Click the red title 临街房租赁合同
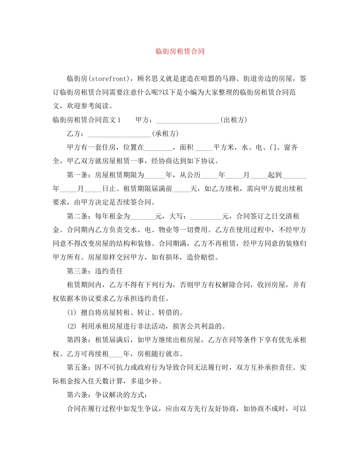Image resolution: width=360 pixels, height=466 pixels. point(180,52)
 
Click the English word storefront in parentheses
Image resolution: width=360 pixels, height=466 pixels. point(110,79)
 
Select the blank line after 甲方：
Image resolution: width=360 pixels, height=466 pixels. point(188,120)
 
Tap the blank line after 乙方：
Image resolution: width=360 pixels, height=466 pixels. point(119,134)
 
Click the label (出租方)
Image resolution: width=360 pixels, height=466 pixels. point(233,120)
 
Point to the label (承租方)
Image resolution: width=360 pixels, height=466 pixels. point(165,134)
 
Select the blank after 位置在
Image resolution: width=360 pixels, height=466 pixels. point(158,147)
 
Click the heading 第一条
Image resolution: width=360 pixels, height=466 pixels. point(77,175)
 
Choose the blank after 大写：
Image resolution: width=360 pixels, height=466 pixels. point(206,216)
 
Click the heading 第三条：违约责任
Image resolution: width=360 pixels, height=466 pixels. point(95,271)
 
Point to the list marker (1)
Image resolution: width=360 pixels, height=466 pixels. point(72,312)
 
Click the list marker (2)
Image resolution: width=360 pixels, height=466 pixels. point(72,326)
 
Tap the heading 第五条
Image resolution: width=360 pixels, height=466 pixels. point(77,367)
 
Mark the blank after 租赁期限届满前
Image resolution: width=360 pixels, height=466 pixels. point(181,188)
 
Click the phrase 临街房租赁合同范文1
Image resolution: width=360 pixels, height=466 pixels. point(86,120)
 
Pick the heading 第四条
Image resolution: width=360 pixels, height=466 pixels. point(77,339)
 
